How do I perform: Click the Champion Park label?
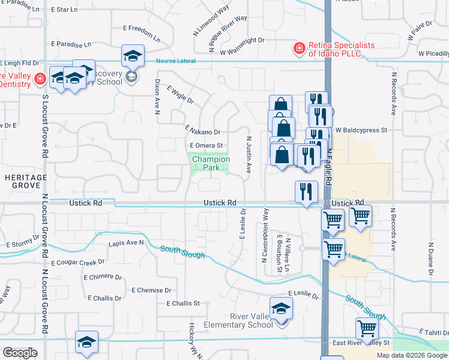[x=211, y=164]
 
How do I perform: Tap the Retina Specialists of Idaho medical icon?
[x=297, y=49]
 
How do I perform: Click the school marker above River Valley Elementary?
[x=281, y=310]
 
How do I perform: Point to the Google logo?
[x=20, y=353]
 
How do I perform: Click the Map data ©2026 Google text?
[x=412, y=355]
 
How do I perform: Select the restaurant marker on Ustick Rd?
[x=306, y=193]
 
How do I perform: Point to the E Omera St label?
[x=206, y=145]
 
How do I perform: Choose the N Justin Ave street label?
[x=249, y=155]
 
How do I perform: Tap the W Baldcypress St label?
[x=361, y=130]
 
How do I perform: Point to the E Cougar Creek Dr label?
[x=78, y=263]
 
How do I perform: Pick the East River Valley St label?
[x=361, y=343]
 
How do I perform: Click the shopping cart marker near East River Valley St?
[x=366, y=329]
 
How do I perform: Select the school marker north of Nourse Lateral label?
[x=133, y=57]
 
